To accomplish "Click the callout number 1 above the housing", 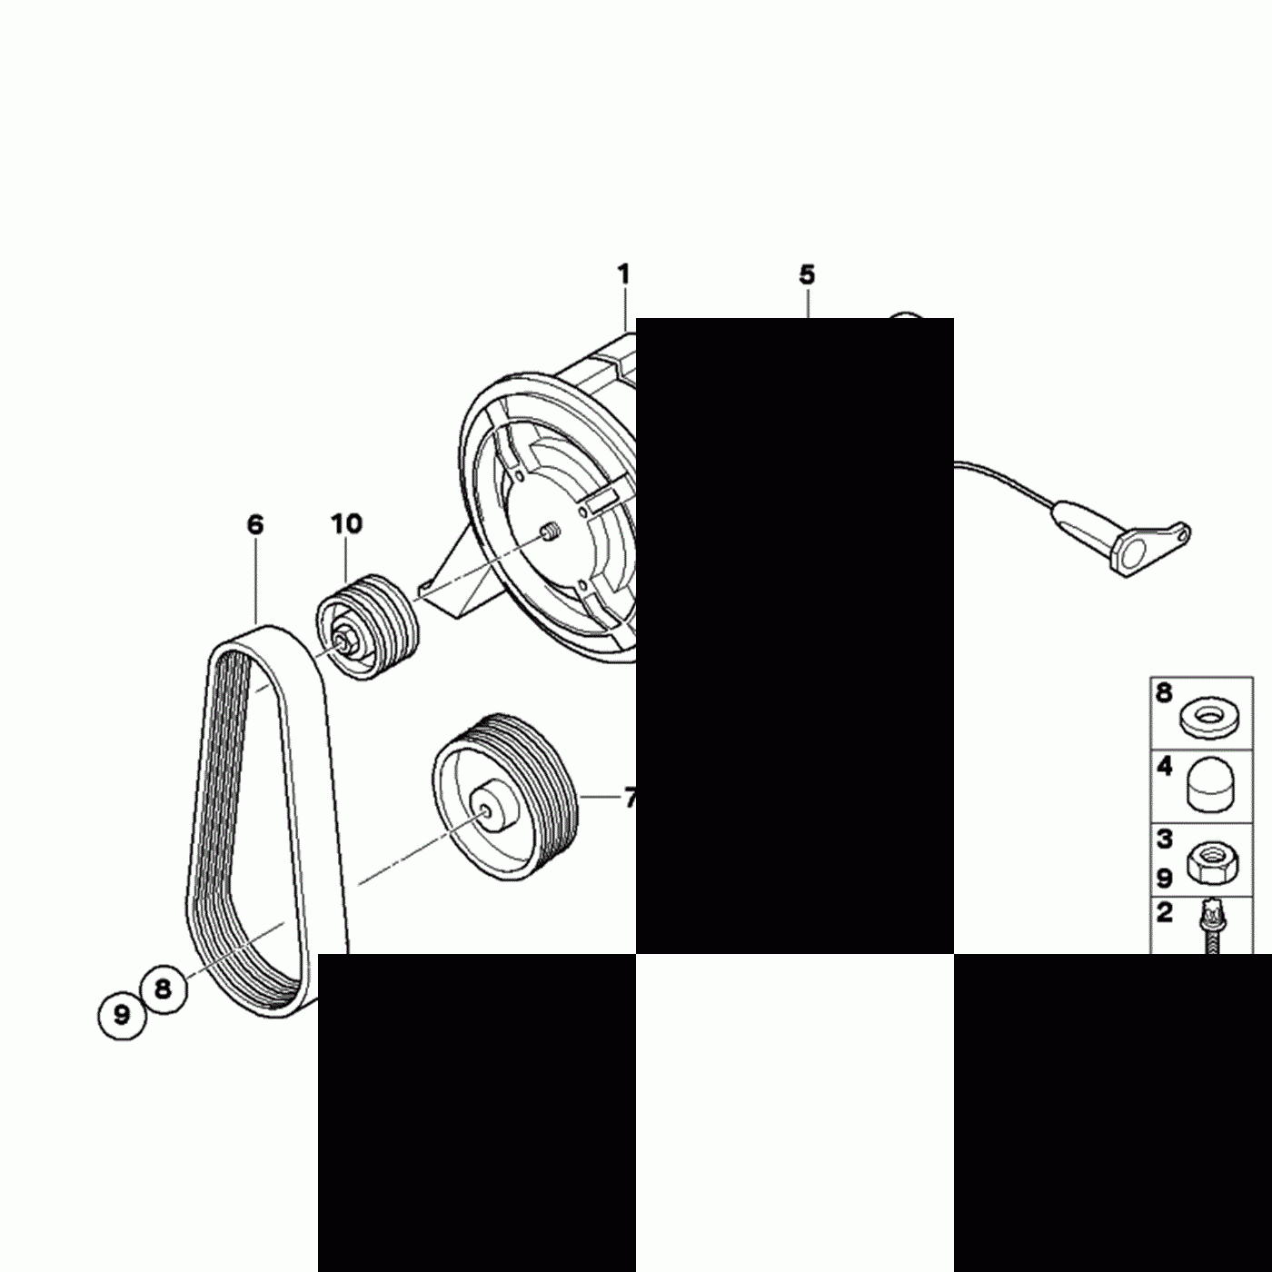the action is click(x=623, y=273).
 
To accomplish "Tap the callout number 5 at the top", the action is click(x=807, y=274).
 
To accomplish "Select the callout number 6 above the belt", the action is click(x=255, y=524).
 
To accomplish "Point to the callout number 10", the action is click(x=346, y=524).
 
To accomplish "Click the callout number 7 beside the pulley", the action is click(x=629, y=799).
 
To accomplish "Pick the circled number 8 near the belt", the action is click(x=164, y=989).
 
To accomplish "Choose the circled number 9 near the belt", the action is click(x=122, y=1013).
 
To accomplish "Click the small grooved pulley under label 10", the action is click(x=368, y=626).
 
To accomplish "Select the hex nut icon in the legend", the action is click(x=1208, y=859).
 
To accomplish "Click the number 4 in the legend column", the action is click(x=1165, y=769).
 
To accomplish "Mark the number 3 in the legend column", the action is click(x=1165, y=840).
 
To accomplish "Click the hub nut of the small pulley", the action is click(x=346, y=640).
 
